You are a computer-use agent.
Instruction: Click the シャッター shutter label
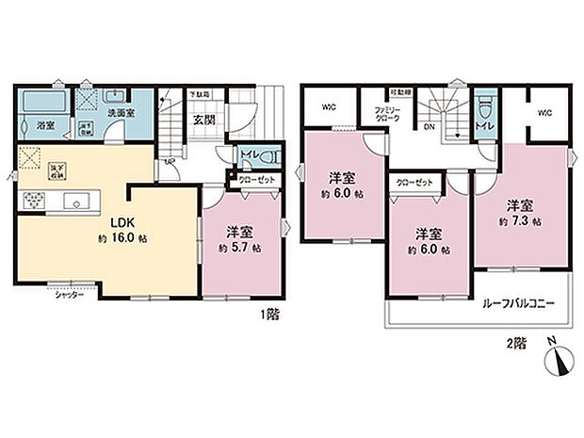pyautogui.click(x=69, y=295)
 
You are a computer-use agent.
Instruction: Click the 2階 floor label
pyautogui.click(x=516, y=345)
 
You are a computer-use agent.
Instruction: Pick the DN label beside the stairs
pyautogui.click(x=428, y=126)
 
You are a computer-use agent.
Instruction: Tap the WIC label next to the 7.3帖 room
pyautogui.click(x=544, y=113)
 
